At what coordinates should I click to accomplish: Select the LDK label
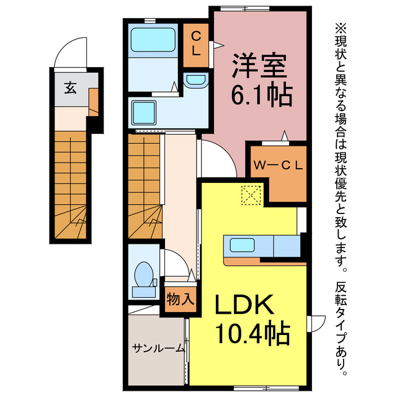click(x=244, y=306)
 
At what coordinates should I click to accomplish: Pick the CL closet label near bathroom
click(x=195, y=44)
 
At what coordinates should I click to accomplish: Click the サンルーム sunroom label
click(x=158, y=348)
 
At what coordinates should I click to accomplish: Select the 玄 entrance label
click(x=69, y=87)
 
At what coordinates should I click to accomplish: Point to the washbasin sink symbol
click(x=196, y=81)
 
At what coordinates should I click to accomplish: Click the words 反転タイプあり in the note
click(x=341, y=329)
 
